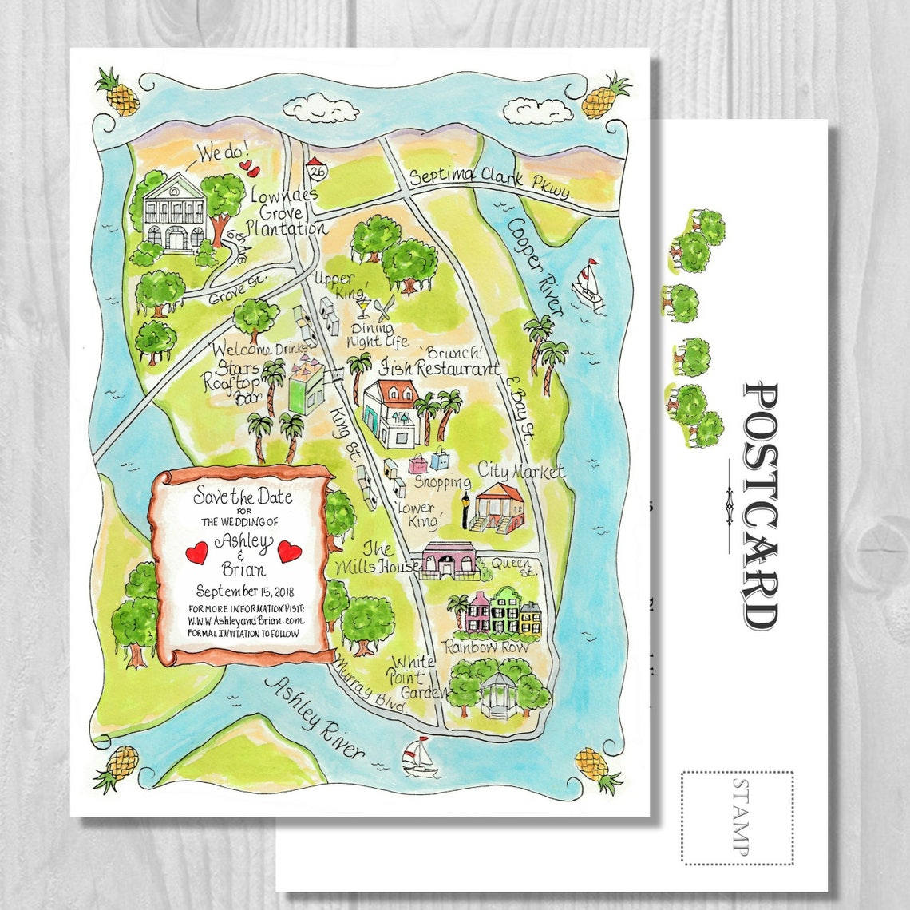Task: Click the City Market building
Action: (498, 508)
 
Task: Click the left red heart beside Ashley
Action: (196, 551)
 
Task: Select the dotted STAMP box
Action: (737, 817)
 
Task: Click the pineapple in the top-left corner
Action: (118, 93)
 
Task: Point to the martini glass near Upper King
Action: (364, 307)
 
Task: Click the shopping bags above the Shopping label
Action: (429, 461)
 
